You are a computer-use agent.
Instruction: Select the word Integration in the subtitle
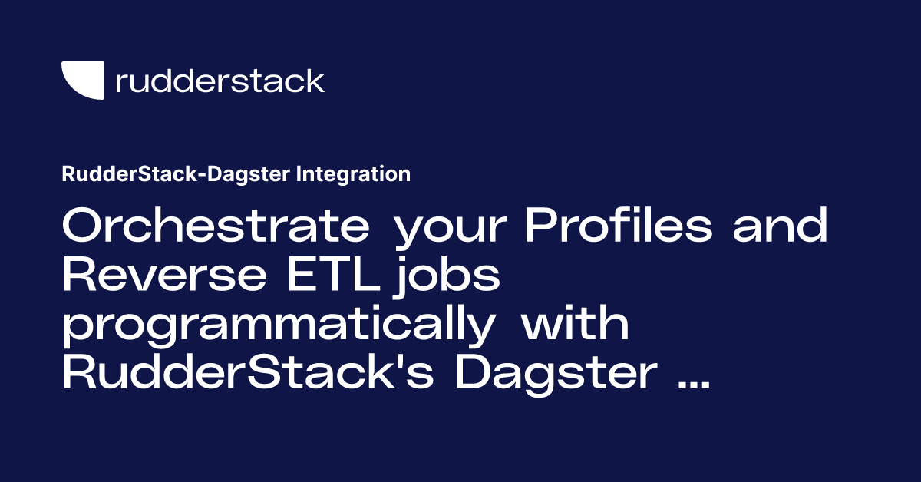coord(353,174)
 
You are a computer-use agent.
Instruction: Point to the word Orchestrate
coord(216,225)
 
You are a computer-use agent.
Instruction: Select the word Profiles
coord(619,225)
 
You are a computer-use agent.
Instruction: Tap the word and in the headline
coord(780,225)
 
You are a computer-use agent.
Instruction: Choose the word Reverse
coord(164,273)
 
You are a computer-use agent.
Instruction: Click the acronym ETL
coord(333,273)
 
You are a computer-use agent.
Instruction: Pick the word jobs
coord(447,276)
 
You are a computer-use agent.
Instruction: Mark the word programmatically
coord(279,326)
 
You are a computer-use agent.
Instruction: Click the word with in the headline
coord(575,323)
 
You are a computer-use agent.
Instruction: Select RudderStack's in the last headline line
coord(249,372)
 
